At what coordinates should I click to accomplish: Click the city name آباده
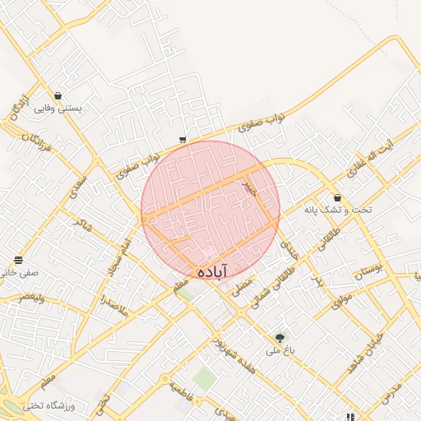point(212,271)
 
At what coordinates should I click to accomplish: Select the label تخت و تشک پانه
point(338,210)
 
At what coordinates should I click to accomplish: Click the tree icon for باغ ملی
point(280,337)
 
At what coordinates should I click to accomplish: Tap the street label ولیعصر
point(21,297)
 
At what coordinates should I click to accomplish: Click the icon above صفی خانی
point(17,260)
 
